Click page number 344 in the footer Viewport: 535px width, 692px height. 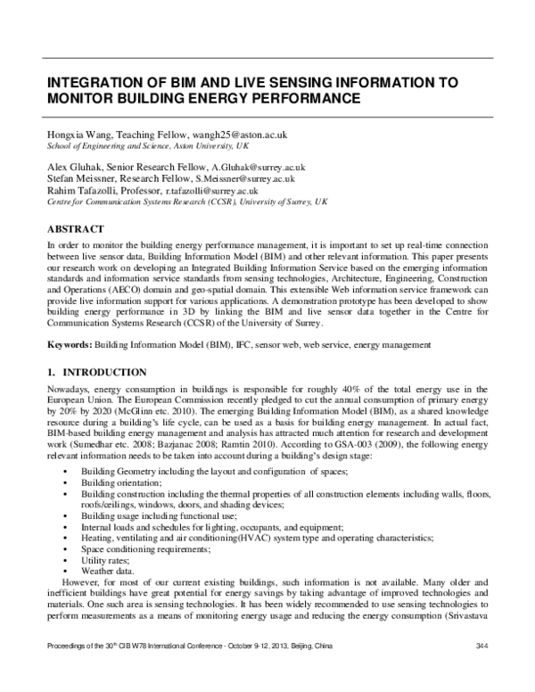(x=483, y=671)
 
